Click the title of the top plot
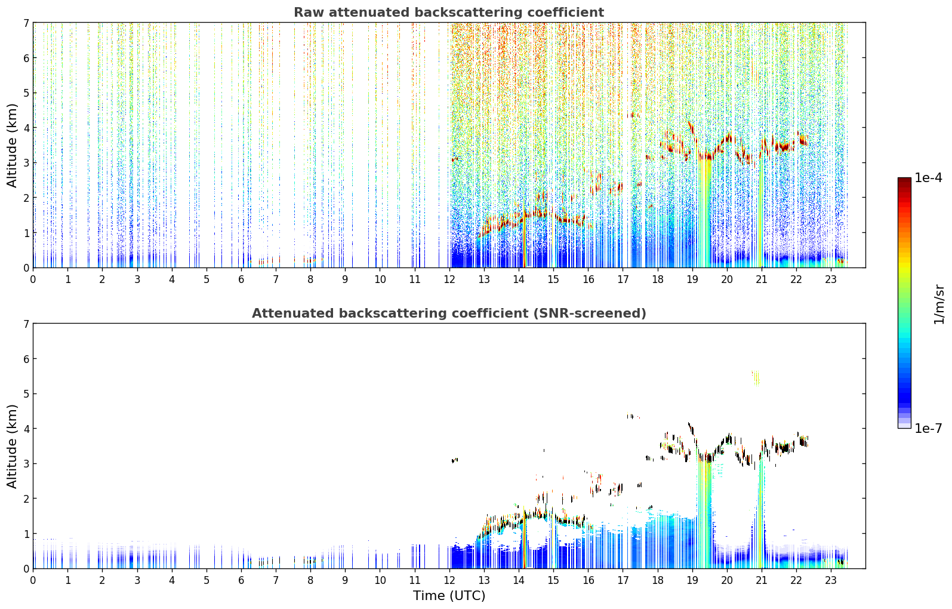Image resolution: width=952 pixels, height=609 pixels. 449,13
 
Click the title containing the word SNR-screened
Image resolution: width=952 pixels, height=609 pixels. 449,313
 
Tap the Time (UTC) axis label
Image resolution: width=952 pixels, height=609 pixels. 449,596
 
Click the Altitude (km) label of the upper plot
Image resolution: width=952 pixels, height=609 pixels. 12,145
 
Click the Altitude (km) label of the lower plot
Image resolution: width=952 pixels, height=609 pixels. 12,446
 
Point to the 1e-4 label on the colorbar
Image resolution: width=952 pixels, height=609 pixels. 929,178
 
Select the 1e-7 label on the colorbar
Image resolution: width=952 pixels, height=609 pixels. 929,428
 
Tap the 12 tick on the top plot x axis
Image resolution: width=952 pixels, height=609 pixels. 449,279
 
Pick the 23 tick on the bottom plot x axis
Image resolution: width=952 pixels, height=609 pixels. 831,580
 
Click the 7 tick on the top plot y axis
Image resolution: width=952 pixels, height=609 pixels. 26,23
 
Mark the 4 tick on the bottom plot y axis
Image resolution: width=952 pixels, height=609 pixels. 26,429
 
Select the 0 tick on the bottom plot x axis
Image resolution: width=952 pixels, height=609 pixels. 33,580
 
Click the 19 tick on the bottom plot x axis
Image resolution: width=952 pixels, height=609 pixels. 692,580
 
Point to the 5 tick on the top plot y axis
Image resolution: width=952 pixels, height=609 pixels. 26,93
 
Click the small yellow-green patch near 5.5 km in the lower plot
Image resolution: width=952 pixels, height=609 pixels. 756,378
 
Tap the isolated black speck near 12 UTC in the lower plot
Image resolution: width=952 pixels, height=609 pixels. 454,460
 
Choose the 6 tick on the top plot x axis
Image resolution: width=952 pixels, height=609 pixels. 241,279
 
